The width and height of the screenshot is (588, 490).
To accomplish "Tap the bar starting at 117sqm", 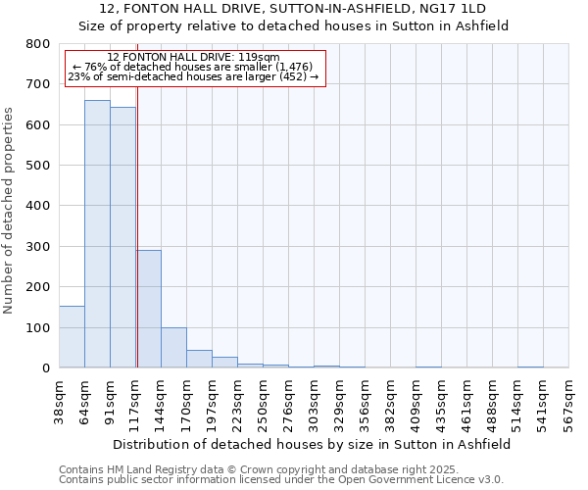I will (149, 309).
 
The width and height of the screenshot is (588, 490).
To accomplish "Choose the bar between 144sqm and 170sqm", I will (173, 347).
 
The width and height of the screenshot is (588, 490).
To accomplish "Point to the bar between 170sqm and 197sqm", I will (199, 359).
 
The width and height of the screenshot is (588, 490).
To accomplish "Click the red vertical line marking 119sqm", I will (137, 196).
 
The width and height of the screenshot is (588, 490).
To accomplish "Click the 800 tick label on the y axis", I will (37, 44).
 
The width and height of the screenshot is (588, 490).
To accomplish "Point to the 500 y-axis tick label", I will (37, 166).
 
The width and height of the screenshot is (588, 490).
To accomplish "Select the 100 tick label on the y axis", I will (37, 327).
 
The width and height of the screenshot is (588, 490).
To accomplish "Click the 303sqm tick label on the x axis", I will (314, 402).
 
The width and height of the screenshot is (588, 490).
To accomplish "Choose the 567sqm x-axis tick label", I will (568, 402).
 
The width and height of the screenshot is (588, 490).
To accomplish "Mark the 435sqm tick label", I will (441, 402).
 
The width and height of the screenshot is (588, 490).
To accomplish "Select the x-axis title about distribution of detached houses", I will (312, 444).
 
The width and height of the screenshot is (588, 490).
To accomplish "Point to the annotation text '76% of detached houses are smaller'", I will (193, 67).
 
